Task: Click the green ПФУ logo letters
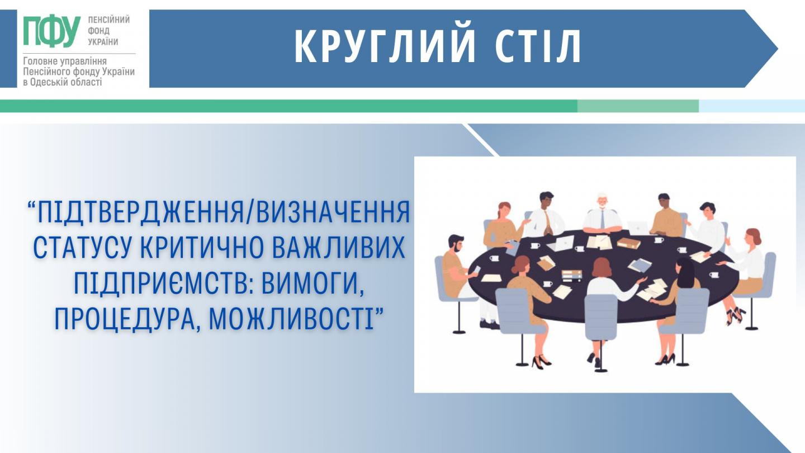tap(51, 31)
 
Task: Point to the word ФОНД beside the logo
tap(98, 31)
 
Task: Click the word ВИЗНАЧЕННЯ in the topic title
tap(333, 213)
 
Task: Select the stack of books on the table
tap(572, 275)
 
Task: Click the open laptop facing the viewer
tap(557, 243)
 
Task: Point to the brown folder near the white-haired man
tap(629, 243)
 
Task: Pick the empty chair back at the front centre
tap(600, 317)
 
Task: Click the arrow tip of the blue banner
tap(777, 49)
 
